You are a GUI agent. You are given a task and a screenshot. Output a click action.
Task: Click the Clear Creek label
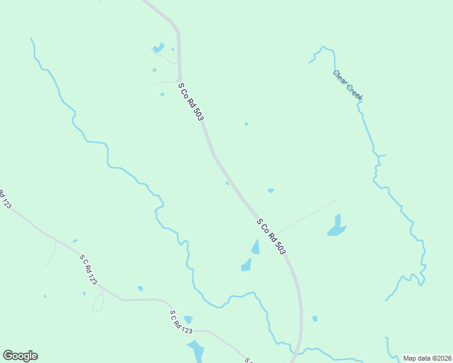[348, 84]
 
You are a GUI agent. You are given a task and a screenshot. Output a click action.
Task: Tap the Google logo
[20, 356]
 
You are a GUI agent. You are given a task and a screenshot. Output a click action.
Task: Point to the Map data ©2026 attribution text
[427, 358]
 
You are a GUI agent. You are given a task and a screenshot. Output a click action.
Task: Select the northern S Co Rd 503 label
[190, 102]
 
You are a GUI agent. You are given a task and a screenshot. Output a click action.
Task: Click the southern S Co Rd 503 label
[271, 236]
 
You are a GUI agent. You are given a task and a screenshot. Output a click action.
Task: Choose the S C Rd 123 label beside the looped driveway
[88, 270]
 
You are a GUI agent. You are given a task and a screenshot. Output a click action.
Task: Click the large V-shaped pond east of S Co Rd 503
[336, 226]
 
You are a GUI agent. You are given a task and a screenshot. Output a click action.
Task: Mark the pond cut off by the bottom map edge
[196, 352]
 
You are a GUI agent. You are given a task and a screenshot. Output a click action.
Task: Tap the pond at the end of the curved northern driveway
[158, 47]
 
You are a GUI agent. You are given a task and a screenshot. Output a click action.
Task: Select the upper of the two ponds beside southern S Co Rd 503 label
[256, 246]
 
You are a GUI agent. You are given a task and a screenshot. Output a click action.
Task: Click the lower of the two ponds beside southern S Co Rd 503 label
[246, 264]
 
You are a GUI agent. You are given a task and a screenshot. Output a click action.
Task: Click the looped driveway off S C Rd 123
[98, 301]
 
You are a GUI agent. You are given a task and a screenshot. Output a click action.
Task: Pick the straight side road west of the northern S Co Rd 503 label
[165, 82]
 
